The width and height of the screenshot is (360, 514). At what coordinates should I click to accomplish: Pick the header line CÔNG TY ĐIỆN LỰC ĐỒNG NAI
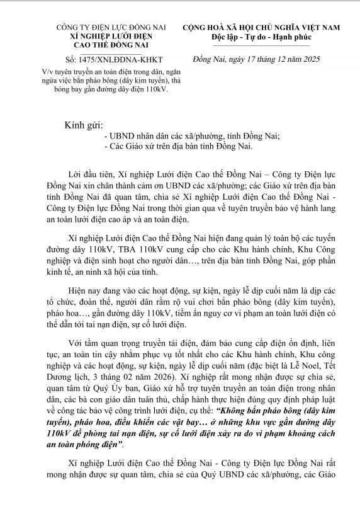click(102, 28)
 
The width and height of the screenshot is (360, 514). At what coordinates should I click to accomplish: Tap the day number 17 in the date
click(242, 60)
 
